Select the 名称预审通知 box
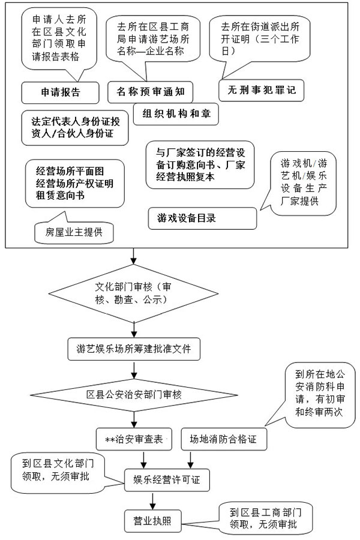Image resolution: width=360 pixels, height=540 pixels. pyautogui.click(x=154, y=92)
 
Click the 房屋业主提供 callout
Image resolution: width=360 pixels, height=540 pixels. pyautogui.click(x=74, y=232)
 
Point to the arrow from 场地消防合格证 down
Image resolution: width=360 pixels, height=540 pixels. pyautogui.click(x=191, y=458)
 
